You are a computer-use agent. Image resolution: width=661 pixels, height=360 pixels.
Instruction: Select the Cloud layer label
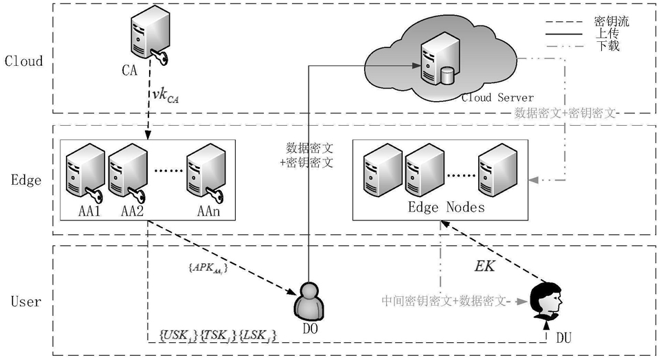pyautogui.click(x=24, y=60)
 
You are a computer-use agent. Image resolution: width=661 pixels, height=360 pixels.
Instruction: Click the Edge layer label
pyautogui.click(x=26, y=181)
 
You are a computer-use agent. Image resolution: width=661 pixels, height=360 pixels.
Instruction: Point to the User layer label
pyautogui.click(x=26, y=301)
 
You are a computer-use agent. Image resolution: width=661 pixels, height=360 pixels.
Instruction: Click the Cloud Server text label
pyautogui.click(x=496, y=98)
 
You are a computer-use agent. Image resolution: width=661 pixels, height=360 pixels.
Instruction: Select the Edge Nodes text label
pyautogui.click(x=447, y=207)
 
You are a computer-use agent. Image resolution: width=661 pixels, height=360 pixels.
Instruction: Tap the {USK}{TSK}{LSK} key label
pyautogui.click(x=218, y=335)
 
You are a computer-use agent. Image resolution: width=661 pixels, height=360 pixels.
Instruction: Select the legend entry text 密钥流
pyautogui.click(x=612, y=21)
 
